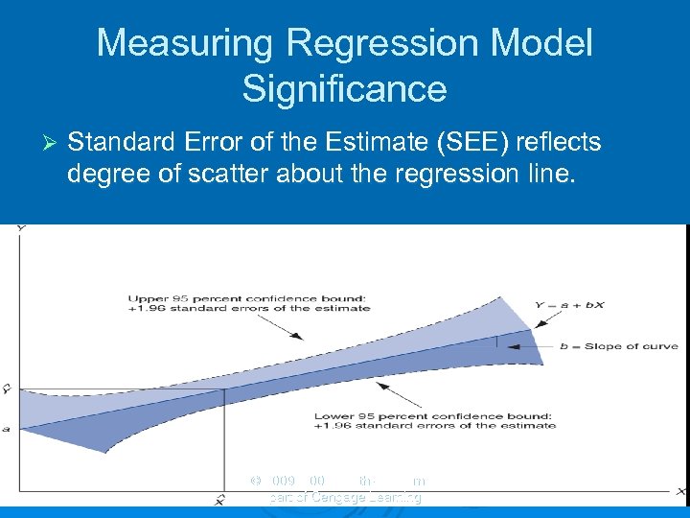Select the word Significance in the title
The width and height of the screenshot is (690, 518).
(x=344, y=89)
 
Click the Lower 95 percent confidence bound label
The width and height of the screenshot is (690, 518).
(x=434, y=419)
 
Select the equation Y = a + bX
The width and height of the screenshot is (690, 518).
(x=569, y=306)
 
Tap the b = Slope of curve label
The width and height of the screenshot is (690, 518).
(x=619, y=346)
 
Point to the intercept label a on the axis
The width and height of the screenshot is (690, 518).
(x=7, y=428)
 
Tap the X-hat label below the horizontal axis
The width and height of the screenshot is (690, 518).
(x=220, y=500)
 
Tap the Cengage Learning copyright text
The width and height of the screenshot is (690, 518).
(x=345, y=497)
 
